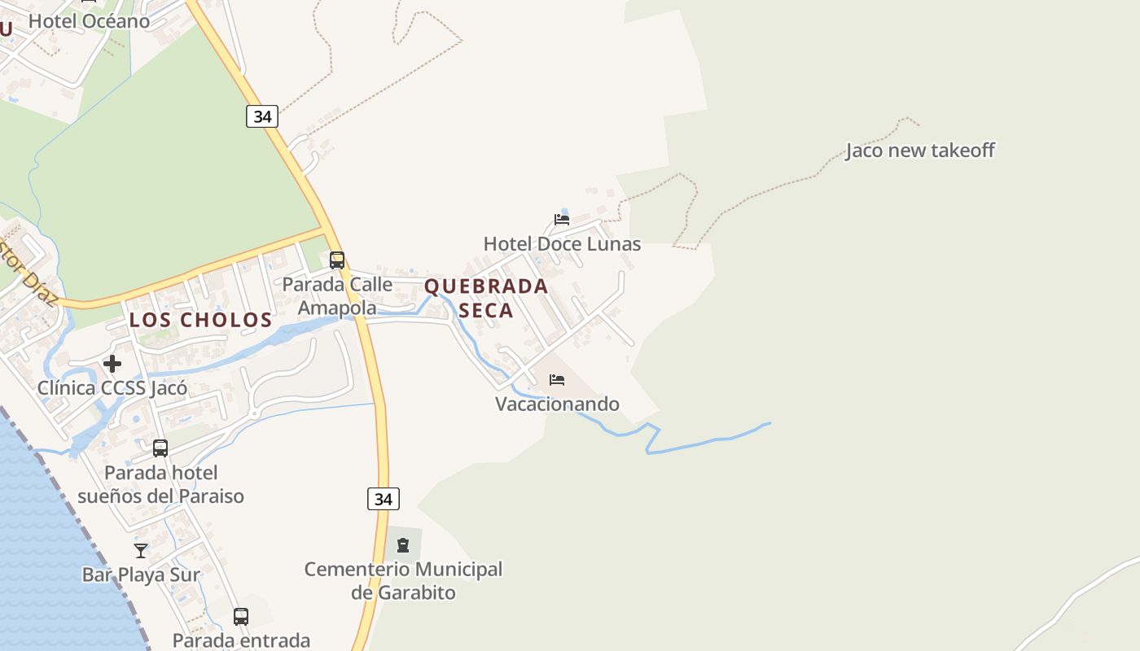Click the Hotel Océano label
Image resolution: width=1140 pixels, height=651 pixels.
click(89, 21)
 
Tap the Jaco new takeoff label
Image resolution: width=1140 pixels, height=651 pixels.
click(919, 151)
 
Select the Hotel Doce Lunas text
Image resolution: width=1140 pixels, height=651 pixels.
click(562, 244)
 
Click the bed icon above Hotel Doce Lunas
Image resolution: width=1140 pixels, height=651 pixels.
click(562, 219)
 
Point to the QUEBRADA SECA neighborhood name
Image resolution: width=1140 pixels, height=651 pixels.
click(486, 298)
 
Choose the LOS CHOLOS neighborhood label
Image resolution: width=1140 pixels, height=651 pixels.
click(200, 320)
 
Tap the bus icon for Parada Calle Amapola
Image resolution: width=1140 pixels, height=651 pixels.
click(337, 260)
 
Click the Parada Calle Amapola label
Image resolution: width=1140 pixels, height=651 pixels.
click(337, 296)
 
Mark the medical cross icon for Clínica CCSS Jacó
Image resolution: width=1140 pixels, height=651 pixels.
click(112, 364)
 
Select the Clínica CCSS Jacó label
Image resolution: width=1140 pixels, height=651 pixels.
click(112, 388)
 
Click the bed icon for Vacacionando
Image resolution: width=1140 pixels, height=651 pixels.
click(557, 380)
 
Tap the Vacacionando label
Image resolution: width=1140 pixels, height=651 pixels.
click(557, 404)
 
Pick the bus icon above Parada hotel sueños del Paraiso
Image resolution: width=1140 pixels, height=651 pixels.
click(160, 448)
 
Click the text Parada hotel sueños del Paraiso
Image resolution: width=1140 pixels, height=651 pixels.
click(160, 484)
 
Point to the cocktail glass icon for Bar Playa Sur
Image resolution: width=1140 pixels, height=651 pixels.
click(141, 551)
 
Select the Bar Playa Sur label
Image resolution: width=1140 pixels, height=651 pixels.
click(141, 575)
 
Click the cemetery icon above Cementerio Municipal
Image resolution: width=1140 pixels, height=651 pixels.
click(403, 545)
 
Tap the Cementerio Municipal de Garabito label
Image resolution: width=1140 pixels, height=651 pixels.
click(403, 581)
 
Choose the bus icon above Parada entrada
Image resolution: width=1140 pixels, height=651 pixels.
click(241, 616)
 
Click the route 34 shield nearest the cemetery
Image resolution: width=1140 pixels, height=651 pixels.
click(384, 499)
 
